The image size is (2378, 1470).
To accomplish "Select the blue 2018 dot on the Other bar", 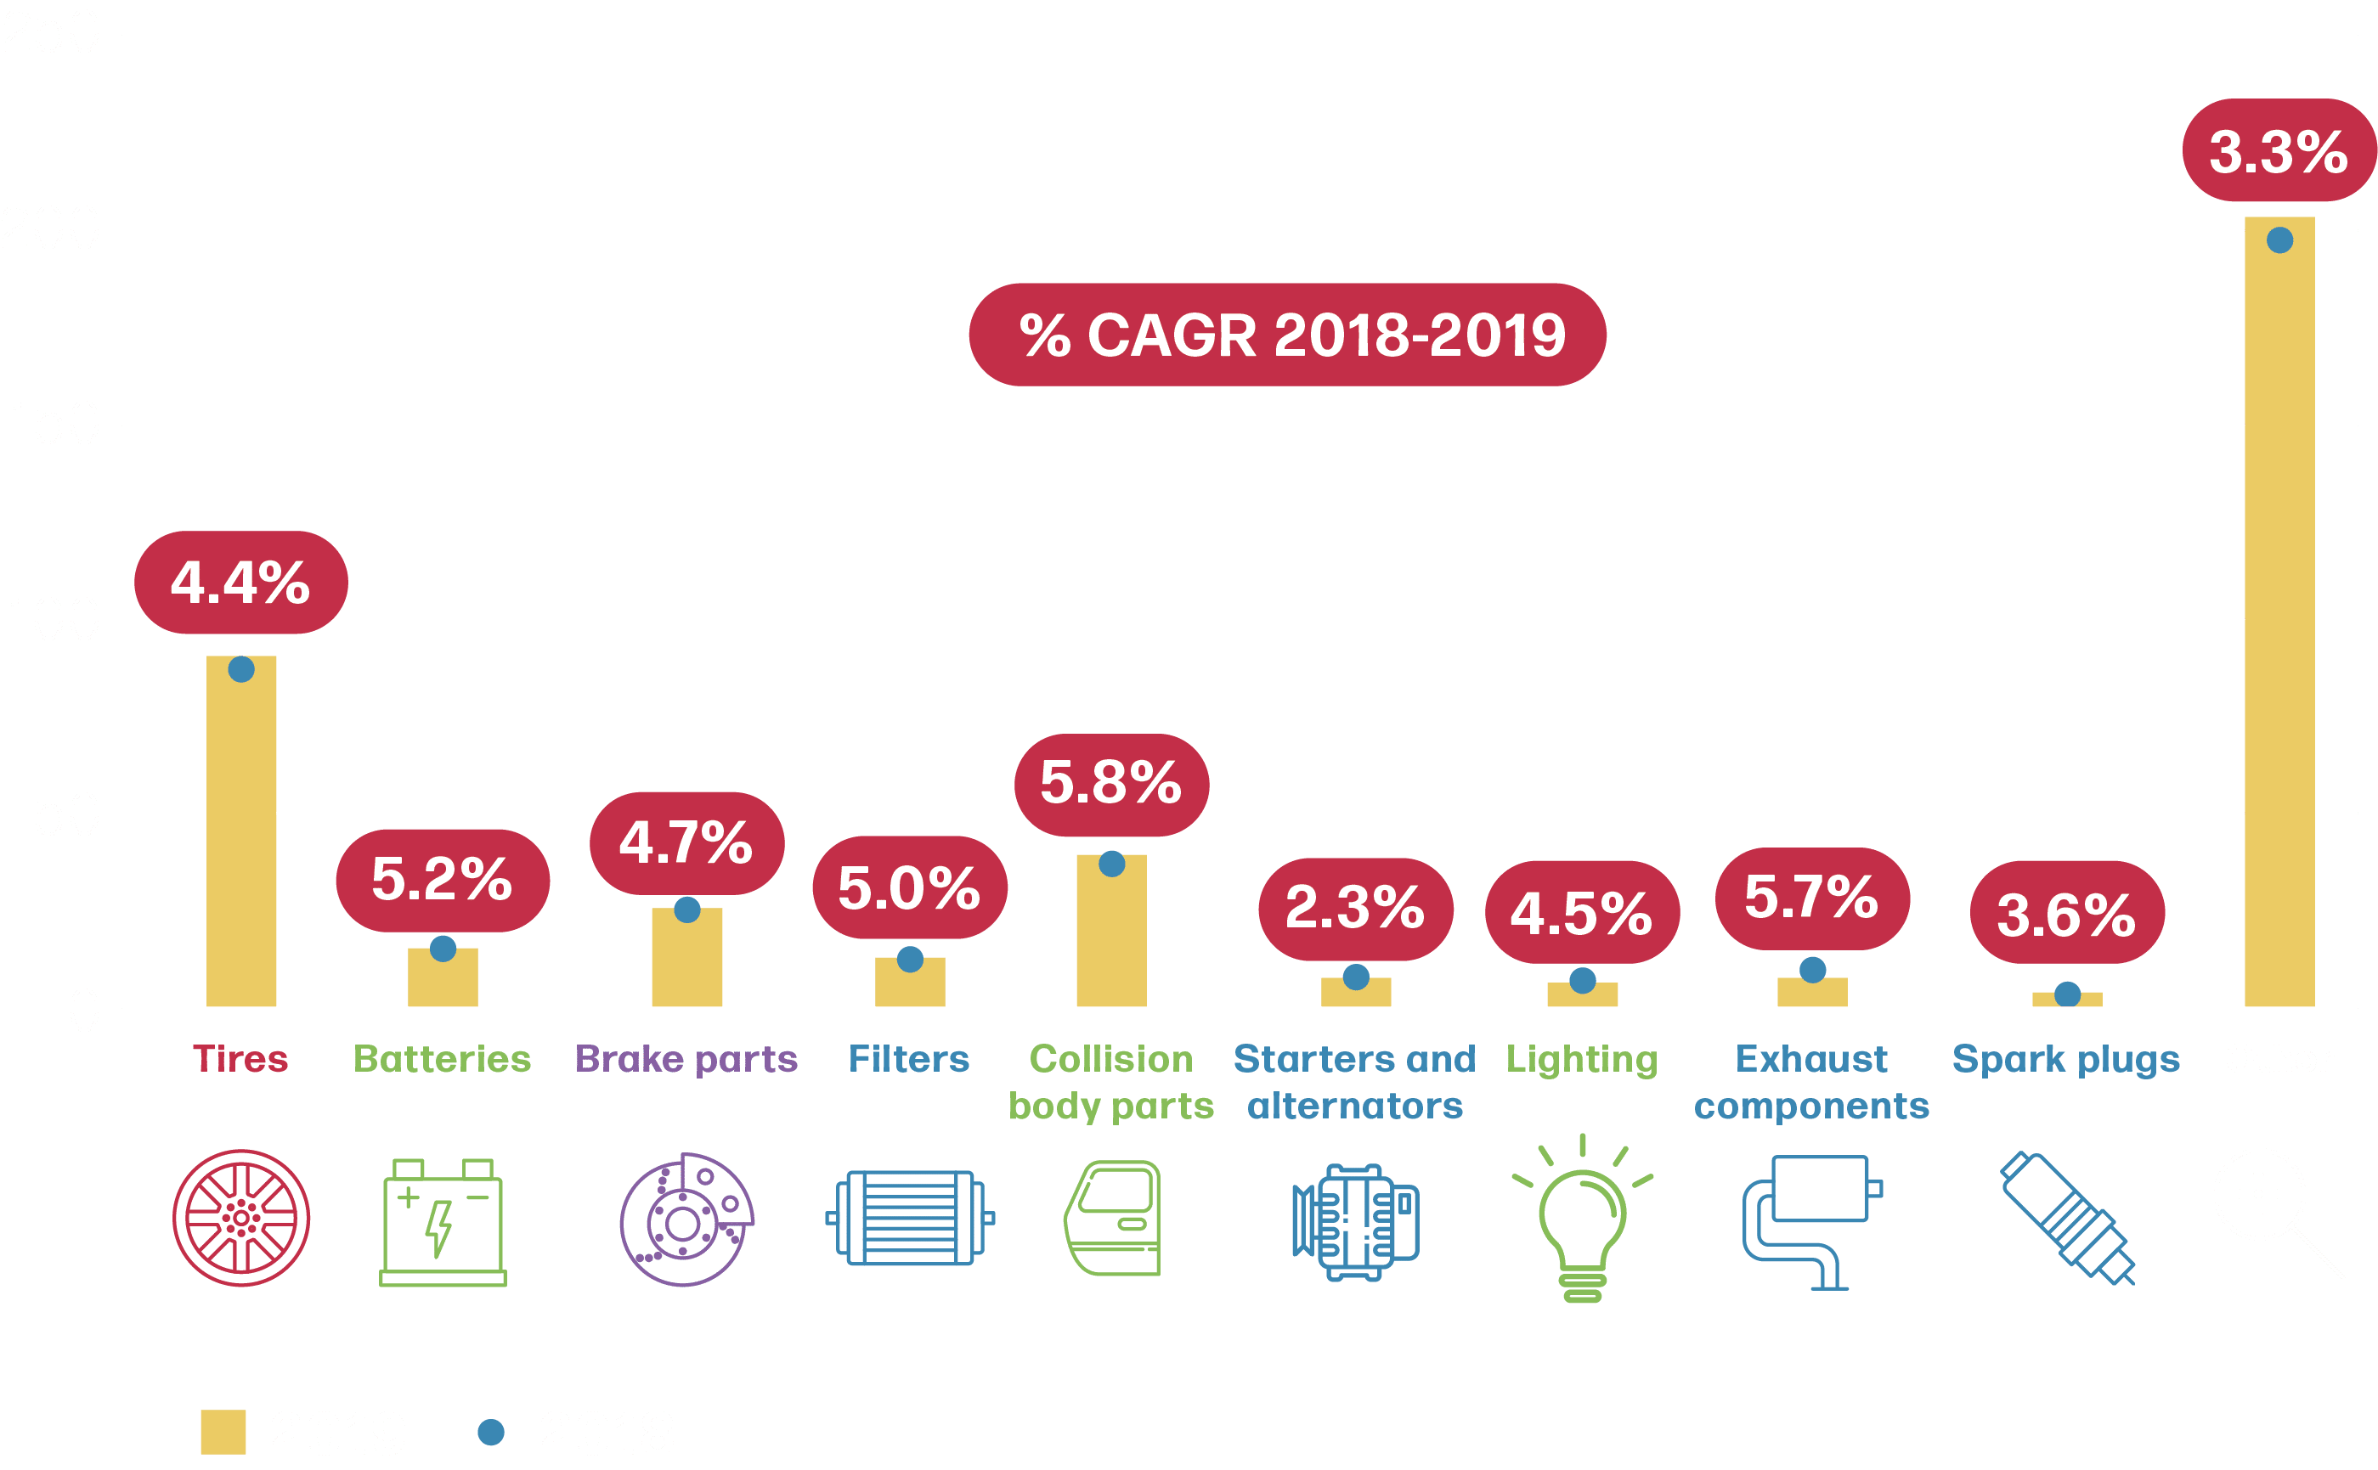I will tap(2279, 240).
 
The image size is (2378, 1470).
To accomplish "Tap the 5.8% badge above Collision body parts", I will tap(1110, 784).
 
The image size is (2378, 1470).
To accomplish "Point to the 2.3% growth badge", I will tap(1355, 908).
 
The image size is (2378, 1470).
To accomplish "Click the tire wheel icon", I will tap(241, 1218).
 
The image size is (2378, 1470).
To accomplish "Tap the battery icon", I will tap(443, 1222).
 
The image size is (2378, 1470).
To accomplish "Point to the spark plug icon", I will tap(2067, 1218).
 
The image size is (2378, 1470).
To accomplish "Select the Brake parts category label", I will tap(686, 1059).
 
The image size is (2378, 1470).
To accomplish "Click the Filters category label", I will tap(908, 1059).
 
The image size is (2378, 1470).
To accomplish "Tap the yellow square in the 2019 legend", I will tap(223, 1432).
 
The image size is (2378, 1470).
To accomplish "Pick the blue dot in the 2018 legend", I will tap(491, 1432).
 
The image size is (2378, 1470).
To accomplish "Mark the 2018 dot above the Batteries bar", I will tap(443, 948).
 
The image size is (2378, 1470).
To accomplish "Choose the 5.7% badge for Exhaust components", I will tap(1811, 898).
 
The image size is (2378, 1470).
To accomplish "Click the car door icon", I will tap(1114, 1218).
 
